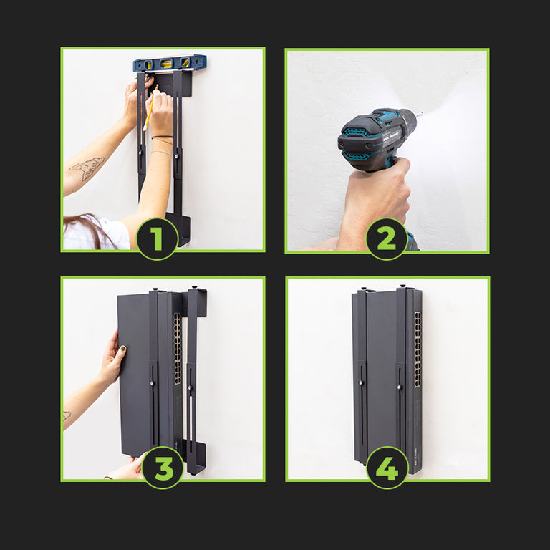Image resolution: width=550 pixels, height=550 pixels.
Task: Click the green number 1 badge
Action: (157, 239)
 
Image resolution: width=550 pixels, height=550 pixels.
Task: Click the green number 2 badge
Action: (387, 239)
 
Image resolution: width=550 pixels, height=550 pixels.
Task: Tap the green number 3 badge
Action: (163, 468)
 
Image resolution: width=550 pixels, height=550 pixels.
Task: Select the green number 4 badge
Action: (387, 468)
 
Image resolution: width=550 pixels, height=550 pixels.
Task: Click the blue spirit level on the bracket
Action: (170, 63)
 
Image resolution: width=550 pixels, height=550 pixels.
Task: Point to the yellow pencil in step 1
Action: (150, 107)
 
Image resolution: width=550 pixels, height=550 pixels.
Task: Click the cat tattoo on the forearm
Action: (87, 168)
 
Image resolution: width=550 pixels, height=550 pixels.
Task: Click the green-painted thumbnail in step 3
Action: (123, 349)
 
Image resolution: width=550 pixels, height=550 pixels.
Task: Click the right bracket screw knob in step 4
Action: (399, 387)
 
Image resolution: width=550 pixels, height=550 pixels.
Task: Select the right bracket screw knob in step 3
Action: (190, 387)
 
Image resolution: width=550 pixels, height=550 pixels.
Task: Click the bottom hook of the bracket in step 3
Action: (196, 458)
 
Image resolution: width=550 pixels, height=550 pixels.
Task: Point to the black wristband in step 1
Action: (163, 137)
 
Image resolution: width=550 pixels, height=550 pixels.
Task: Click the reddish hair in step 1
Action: (87, 228)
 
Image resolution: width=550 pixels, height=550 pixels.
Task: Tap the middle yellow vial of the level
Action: (166, 64)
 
